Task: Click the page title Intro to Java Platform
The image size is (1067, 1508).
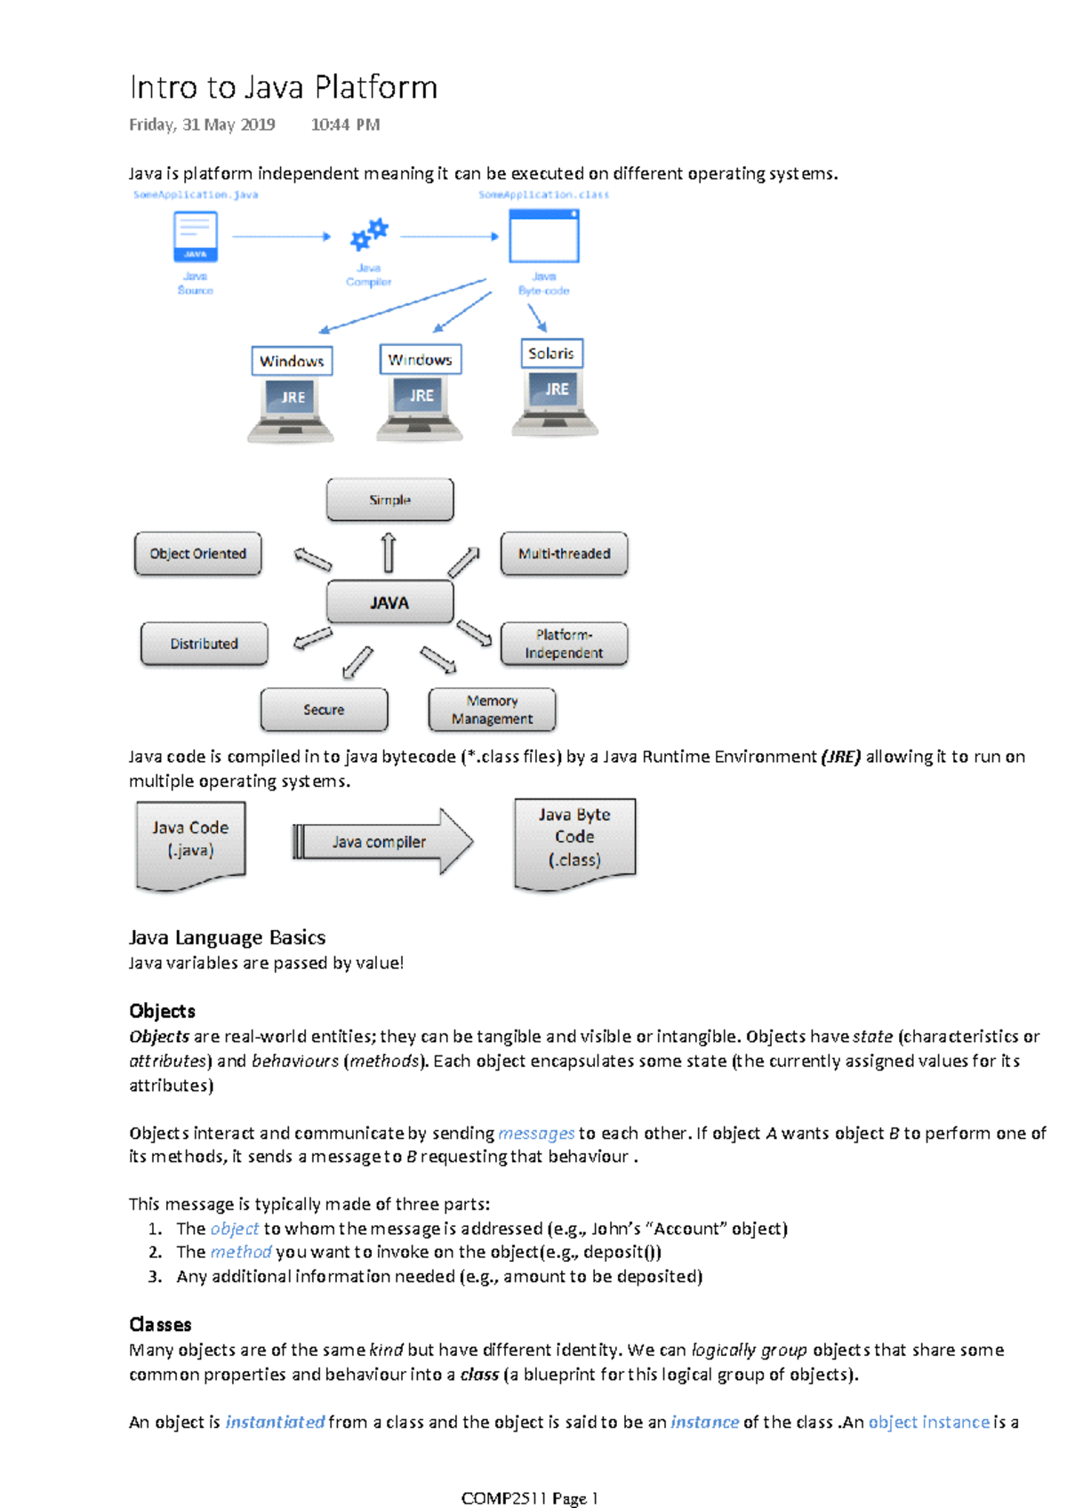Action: tap(283, 87)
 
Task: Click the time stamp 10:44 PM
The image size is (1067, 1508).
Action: tap(345, 124)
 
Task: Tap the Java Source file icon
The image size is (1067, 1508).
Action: tap(196, 237)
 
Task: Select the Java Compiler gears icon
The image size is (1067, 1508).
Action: tap(369, 235)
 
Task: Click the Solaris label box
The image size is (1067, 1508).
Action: tap(551, 353)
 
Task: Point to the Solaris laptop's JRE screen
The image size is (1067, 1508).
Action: tap(557, 389)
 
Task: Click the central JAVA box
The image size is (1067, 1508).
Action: tap(389, 602)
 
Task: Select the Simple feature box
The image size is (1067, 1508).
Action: tap(389, 500)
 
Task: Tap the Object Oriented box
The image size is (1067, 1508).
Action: tap(197, 553)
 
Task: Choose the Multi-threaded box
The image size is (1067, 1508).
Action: tap(564, 553)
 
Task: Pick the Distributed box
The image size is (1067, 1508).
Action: tap(204, 643)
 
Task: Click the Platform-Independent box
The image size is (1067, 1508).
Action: tap(564, 643)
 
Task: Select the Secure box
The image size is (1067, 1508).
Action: tap(324, 710)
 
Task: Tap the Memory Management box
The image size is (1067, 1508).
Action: tap(492, 710)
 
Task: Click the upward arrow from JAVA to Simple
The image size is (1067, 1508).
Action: tap(389, 552)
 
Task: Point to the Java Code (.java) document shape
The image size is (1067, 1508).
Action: tap(190, 843)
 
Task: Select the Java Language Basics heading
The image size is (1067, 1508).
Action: tap(227, 937)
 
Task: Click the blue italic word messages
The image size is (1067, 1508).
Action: tap(536, 1133)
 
